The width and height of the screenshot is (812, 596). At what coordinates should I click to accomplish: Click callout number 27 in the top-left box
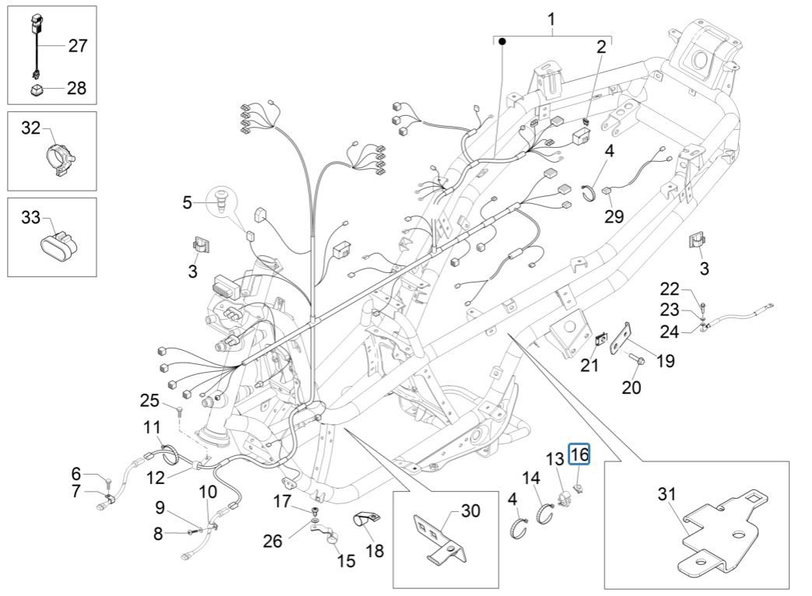click(78, 46)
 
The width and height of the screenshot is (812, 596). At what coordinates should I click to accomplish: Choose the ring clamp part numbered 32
click(58, 152)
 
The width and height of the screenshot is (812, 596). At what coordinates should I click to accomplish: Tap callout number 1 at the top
click(552, 19)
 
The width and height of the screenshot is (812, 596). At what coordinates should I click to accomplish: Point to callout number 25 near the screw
click(149, 401)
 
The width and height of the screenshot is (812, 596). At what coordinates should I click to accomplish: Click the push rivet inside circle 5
click(222, 201)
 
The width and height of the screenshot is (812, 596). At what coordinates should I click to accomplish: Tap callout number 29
click(614, 216)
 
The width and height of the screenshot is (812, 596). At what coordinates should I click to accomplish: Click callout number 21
click(590, 364)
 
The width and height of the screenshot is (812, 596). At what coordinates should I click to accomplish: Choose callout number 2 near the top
click(601, 47)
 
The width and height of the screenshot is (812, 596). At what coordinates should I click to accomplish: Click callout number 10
click(208, 491)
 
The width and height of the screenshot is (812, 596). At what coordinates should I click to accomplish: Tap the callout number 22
click(670, 289)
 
